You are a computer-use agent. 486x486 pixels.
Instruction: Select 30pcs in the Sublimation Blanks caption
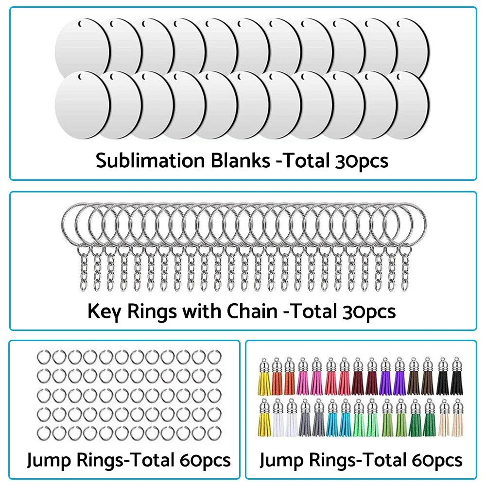tap(361, 160)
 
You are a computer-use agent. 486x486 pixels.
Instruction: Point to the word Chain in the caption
tap(253, 311)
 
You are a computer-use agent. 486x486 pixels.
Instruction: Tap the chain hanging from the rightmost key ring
tap(405, 270)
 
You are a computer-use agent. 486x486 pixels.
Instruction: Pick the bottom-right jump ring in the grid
tap(214, 432)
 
